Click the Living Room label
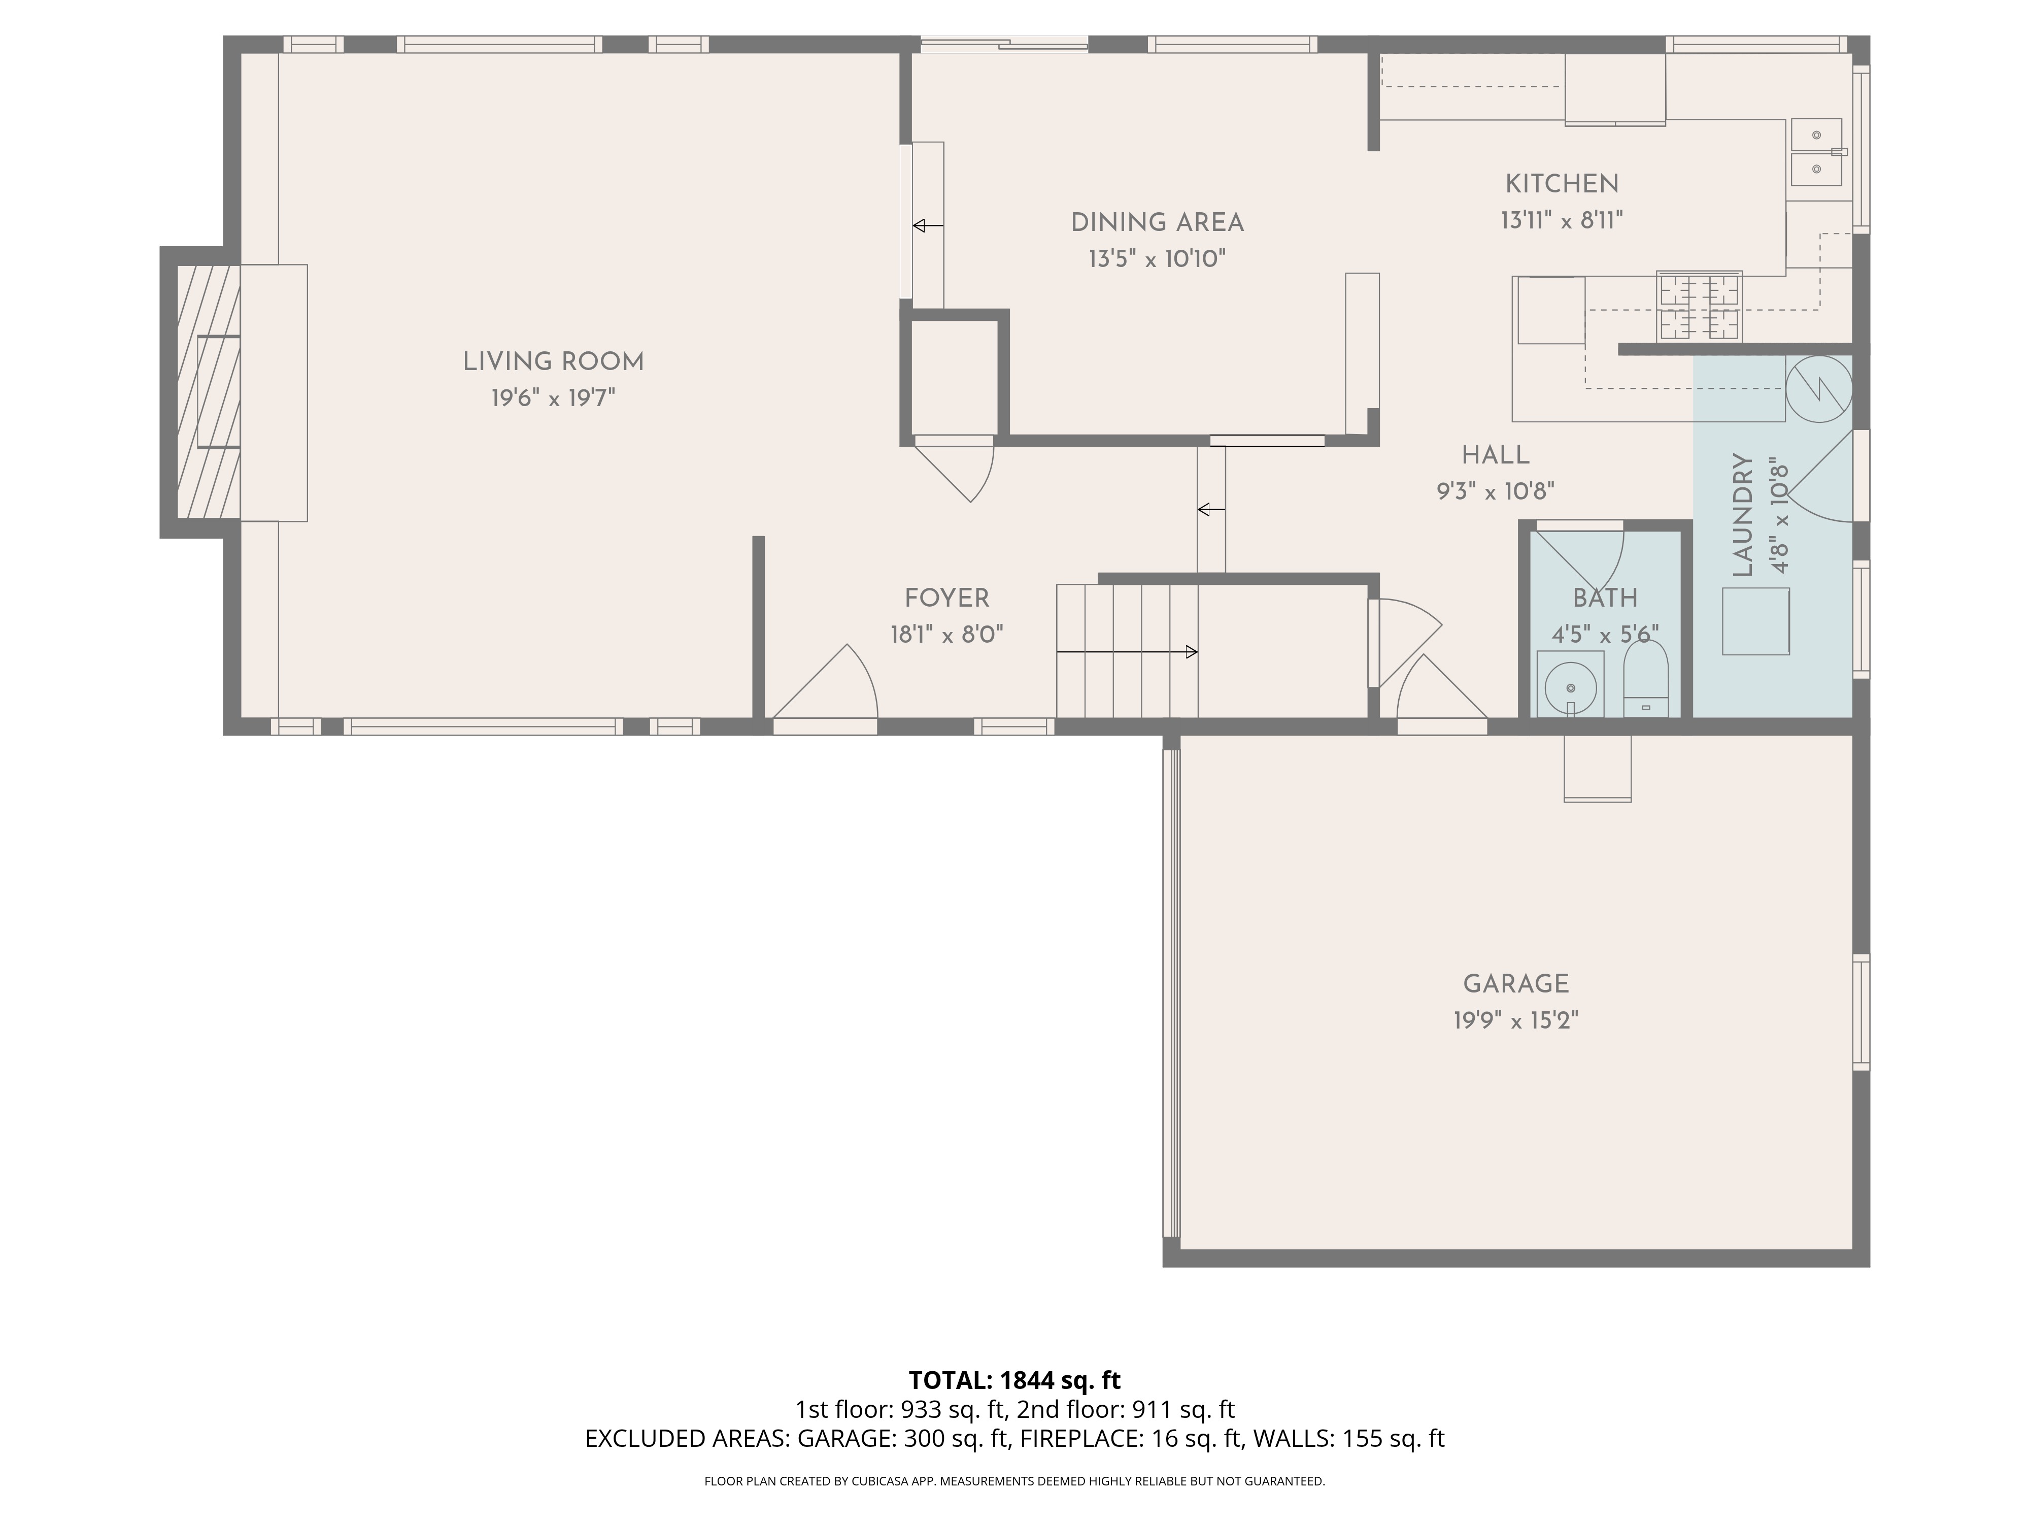553,361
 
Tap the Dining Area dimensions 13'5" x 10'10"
1157,259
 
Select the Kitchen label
1562,184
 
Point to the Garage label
1516,984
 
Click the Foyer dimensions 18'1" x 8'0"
947,635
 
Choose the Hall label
1496,455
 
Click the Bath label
1605,599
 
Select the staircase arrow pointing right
1127,652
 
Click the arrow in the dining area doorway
928,225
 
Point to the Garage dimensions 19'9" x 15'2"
1516,1020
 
